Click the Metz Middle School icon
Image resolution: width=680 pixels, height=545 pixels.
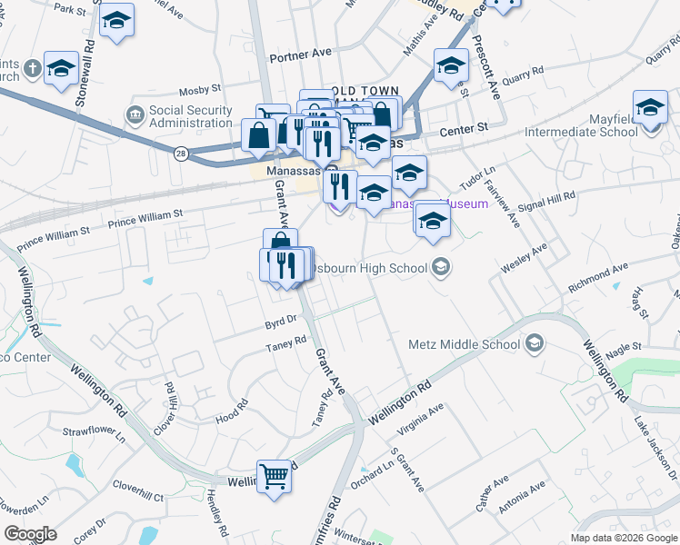pos(534,343)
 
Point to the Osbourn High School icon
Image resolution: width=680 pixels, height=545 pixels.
pos(441,267)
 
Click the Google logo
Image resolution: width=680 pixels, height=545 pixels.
pos(31,534)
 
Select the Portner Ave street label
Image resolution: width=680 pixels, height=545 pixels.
pos(300,54)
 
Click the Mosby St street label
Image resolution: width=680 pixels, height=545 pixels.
pos(200,90)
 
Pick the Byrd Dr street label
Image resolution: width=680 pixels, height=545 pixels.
pos(281,320)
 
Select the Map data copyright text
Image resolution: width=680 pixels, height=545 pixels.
pos(624,538)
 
